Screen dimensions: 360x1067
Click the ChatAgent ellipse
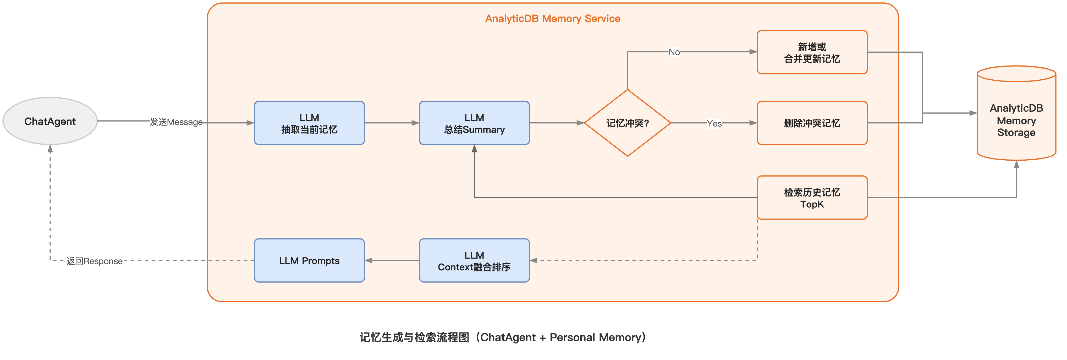(50, 121)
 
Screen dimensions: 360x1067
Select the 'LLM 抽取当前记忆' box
(309, 123)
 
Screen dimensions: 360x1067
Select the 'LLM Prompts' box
(309, 261)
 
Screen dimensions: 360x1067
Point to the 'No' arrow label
(674, 52)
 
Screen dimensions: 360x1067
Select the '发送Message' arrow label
(176, 122)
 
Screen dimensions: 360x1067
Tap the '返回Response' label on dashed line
(95, 261)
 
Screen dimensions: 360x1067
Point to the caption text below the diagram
(502, 337)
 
